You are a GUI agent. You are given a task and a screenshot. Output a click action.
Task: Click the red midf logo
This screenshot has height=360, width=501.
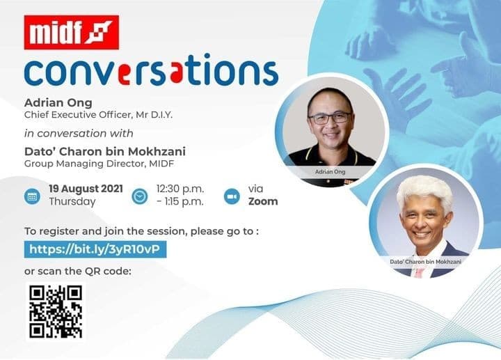tap(72, 32)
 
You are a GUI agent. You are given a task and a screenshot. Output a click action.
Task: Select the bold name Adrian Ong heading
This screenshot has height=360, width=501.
tap(58, 102)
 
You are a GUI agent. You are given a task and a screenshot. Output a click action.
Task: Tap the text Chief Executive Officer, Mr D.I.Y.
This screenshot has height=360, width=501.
tap(98, 115)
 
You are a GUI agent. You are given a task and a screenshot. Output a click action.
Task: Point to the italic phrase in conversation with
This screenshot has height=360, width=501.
tap(79, 133)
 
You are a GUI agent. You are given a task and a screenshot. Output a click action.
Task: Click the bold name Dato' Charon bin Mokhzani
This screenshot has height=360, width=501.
tap(105, 151)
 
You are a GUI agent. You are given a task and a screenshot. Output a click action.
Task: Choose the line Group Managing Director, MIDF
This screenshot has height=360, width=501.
tap(99, 164)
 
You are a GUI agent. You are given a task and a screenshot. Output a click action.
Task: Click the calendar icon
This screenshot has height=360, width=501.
tap(32, 196)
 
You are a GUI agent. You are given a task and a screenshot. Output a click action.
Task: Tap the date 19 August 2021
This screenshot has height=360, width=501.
tap(86, 189)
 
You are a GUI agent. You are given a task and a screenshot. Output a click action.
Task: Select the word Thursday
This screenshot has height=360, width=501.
tap(72, 202)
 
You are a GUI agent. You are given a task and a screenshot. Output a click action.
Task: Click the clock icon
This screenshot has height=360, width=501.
tap(140, 196)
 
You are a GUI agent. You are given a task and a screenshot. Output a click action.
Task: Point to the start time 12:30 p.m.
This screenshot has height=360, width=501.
tap(180, 189)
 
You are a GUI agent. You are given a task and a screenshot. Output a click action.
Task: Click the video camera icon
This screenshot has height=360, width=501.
tap(232, 196)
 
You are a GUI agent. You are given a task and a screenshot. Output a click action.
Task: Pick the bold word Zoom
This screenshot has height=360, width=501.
tap(263, 201)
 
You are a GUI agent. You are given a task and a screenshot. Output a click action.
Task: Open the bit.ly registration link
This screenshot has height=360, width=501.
tap(95, 249)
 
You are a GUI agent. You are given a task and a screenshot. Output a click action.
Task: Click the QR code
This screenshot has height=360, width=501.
tap(56, 312)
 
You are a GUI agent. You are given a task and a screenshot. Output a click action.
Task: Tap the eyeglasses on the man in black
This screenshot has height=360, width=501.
tap(330, 118)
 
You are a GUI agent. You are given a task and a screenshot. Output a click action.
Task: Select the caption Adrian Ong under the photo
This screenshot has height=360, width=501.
tap(330, 172)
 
